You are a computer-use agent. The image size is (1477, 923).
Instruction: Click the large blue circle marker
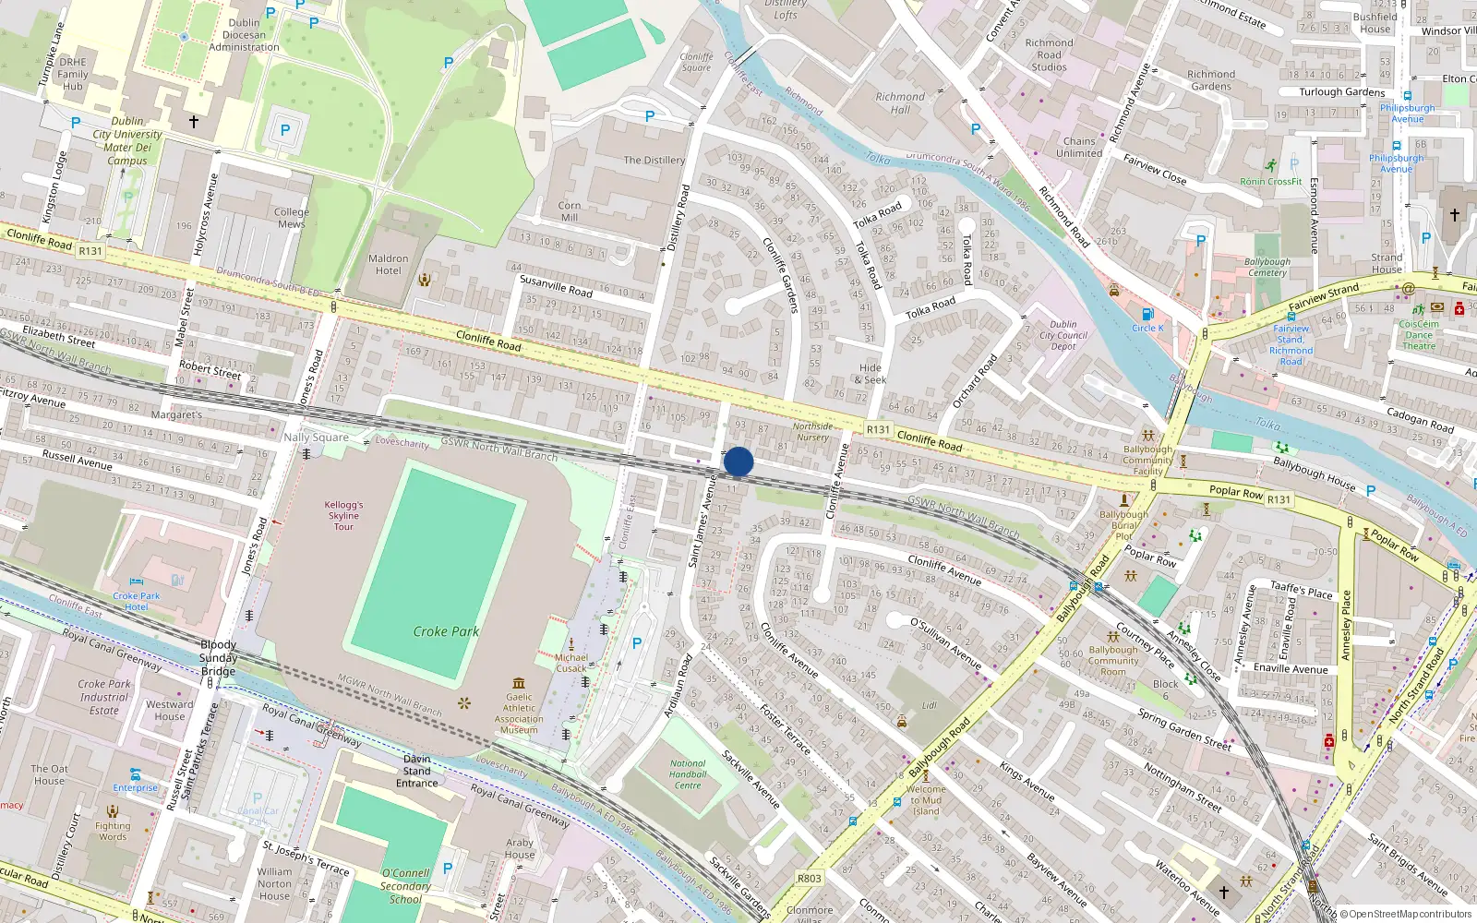(x=738, y=461)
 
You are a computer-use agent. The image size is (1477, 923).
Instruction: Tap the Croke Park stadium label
(x=446, y=631)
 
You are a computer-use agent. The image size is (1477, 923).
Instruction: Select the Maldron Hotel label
(x=389, y=265)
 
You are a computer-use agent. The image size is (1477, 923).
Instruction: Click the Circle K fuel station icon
(x=1147, y=314)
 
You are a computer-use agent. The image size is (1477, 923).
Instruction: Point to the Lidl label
(x=929, y=705)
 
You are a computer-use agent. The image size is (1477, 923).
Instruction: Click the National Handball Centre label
(x=688, y=774)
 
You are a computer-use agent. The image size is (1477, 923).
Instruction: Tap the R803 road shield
(x=809, y=878)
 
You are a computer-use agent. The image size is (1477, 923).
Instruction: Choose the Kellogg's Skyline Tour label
(x=343, y=515)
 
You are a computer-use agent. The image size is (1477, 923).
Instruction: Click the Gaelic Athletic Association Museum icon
(x=519, y=684)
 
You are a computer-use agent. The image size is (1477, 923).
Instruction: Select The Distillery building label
(x=654, y=160)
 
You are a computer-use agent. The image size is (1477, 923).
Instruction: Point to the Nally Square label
(x=316, y=438)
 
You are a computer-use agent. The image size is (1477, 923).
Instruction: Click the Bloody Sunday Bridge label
(x=218, y=658)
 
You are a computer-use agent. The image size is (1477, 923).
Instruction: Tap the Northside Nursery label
(x=812, y=431)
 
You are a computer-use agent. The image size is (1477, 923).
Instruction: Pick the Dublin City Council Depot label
(x=1063, y=335)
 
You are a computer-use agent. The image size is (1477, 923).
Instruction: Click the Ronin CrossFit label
(x=1270, y=182)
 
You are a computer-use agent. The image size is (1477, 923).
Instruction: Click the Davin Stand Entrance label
(x=417, y=771)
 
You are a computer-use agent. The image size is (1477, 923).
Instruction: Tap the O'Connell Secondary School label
(x=405, y=886)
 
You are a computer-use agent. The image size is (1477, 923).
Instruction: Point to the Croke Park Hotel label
(x=137, y=601)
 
